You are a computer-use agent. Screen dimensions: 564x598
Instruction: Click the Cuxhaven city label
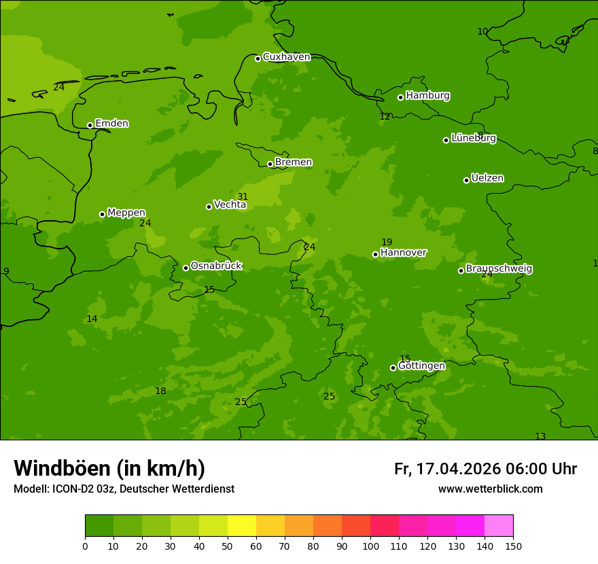click(x=286, y=57)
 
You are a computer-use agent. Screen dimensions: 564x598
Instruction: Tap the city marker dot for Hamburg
click(x=400, y=97)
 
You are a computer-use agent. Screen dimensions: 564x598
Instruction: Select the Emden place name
click(x=111, y=124)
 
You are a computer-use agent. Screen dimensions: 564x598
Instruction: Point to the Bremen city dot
click(x=270, y=164)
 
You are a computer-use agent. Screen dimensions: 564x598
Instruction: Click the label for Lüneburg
click(x=473, y=139)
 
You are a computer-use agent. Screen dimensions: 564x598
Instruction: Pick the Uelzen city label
click(x=487, y=179)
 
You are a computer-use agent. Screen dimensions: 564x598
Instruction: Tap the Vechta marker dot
click(x=209, y=207)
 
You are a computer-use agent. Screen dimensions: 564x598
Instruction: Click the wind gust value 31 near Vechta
click(x=243, y=197)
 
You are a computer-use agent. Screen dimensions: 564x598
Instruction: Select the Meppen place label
click(x=126, y=213)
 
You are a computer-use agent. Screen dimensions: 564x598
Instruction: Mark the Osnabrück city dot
click(x=186, y=268)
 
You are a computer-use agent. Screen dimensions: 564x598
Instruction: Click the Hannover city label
click(x=403, y=253)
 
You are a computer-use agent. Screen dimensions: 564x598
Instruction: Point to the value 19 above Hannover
click(x=387, y=242)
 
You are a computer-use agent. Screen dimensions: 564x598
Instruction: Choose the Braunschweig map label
click(x=499, y=269)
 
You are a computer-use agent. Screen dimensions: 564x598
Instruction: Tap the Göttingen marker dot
click(x=393, y=368)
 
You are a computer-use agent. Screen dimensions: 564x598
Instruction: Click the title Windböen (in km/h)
click(x=109, y=468)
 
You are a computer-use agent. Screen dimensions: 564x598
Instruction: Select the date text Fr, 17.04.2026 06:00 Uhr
click(x=485, y=469)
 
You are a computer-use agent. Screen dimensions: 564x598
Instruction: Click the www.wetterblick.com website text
click(x=490, y=489)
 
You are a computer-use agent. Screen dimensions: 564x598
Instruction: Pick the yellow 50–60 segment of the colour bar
click(x=242, y=526)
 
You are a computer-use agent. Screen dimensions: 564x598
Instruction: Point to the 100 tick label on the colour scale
click(x=370, y=546)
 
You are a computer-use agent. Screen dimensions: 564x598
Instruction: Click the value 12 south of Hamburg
click(x=385, y=117)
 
